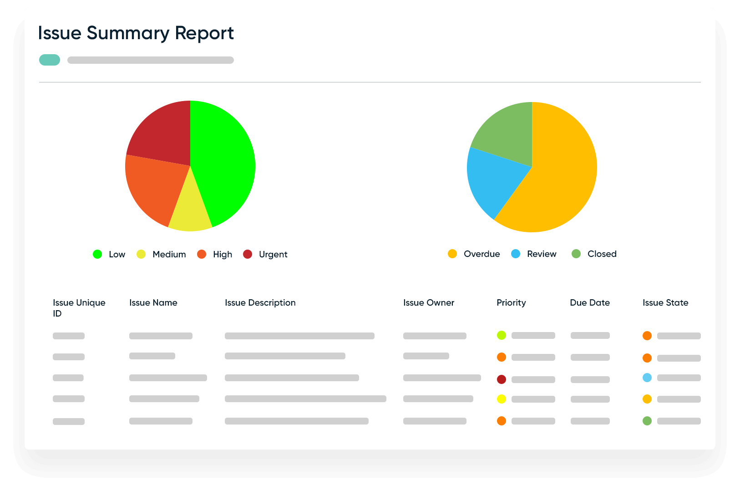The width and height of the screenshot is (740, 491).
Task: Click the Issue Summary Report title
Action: point(136,33)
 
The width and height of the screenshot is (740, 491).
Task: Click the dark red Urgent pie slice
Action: point(162,134)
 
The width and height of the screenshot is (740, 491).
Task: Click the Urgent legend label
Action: point(273,254)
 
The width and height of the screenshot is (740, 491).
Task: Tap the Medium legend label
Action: point(169,254)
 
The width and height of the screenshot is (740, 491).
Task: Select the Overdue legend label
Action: point(482,254)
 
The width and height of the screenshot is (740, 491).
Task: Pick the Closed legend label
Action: point(602,254)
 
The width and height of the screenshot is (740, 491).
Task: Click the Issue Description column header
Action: point(260,302)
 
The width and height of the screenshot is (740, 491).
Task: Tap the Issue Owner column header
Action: point(428,302)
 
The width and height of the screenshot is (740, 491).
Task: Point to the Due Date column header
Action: point(589,302)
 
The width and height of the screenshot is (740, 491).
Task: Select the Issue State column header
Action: point(665,302)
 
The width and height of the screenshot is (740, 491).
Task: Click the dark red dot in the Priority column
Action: point(502,379)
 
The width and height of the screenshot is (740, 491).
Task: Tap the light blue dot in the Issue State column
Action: point(647,378)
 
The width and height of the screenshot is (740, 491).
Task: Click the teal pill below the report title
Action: point(50,60)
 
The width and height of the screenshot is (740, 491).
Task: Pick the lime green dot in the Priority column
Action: point(502,335)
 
